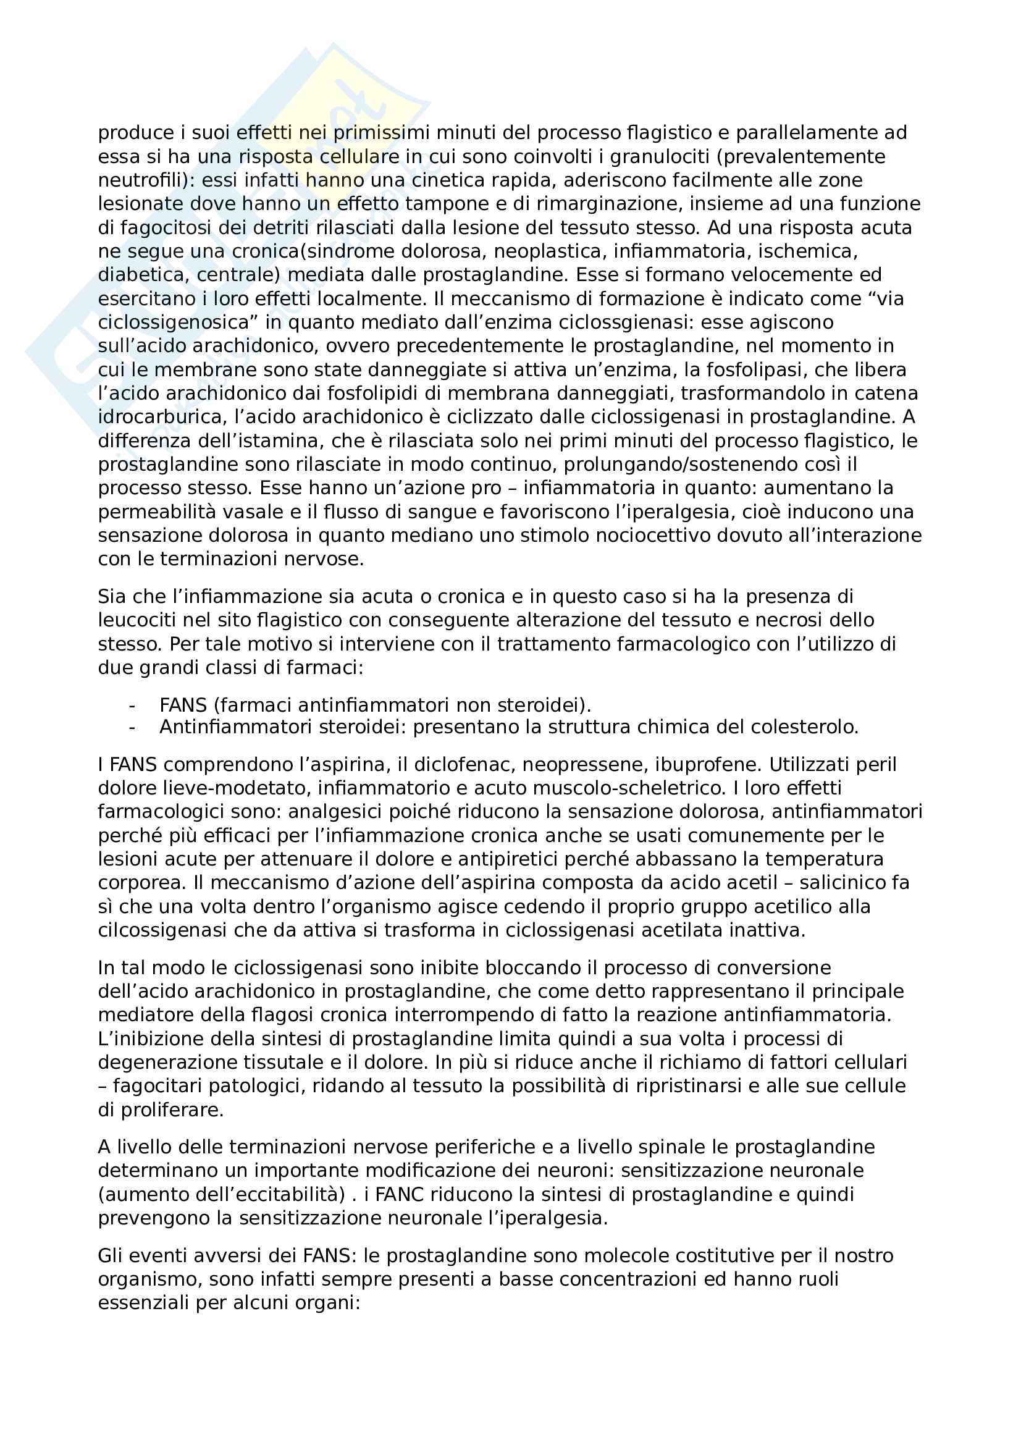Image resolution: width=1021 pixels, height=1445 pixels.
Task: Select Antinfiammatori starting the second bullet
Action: (236, 727)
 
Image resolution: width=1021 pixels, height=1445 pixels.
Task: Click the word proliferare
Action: (172, 1110)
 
